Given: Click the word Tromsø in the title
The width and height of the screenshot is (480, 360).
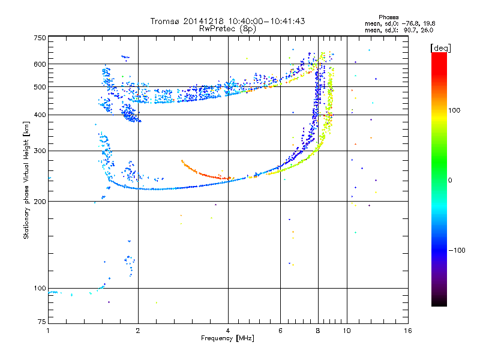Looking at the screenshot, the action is click(x=166, y=21).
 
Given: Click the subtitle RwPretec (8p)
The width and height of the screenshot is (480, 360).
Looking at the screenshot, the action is click(x=227, y=29).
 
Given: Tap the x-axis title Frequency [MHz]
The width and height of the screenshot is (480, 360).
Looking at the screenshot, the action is click(x=227, y=338).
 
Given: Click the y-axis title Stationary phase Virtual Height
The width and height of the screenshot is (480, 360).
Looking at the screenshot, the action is click(x=26, y=181).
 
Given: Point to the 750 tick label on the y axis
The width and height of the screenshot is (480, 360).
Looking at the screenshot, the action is click(x=40, y=38).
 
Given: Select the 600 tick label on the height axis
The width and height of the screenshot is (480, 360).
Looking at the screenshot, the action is click(x=40, y=64).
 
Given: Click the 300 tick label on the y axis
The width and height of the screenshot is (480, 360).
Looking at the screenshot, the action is click(x=40, y=151).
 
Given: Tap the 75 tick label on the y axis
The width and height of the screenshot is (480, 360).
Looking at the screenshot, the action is click(x=42, y=322).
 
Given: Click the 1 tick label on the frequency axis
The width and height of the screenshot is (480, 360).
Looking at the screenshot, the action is click(x=48, y=331).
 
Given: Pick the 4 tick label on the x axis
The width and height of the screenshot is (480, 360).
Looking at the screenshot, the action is click(x=228, y=331).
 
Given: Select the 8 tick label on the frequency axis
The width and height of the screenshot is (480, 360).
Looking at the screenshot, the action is click(x=318, y=331).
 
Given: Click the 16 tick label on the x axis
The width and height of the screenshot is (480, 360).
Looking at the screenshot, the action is click(x=408, y=331).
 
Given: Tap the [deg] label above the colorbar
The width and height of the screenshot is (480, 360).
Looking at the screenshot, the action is click(x=440, y=48).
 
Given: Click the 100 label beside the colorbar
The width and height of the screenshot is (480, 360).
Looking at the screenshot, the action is click(x=454, y=110).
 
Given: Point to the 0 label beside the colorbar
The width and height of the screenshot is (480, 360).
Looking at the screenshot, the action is click(x=450, y=181).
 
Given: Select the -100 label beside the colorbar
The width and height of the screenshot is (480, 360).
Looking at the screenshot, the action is click(x=457, y=250).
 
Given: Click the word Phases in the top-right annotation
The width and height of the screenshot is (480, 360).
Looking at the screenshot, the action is click(x=388, y=17).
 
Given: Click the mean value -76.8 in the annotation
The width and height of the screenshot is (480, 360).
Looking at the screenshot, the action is click(x=409, y=24).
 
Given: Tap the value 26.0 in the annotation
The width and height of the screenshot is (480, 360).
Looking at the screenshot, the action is click(x=427, y=31).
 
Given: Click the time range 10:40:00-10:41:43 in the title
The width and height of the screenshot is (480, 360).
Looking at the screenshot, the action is click(x=266, y=21).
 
